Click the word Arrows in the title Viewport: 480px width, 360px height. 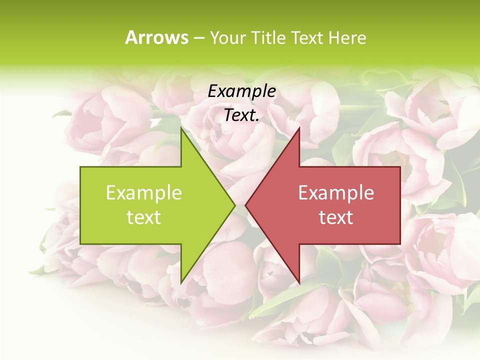tap(156, 37)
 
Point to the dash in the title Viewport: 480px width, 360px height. tap(199, 38)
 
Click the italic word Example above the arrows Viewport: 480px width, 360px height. tap(242, 91)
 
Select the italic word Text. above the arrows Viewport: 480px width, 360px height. tap(242, 115)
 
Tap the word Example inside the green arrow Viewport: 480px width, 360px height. tap(144, 192)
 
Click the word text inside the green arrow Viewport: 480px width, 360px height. tap(144, 217)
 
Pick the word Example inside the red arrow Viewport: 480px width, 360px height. tap(336, 192)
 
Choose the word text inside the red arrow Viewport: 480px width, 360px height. tap(336, 217)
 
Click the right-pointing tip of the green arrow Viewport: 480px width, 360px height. tap(235, 205)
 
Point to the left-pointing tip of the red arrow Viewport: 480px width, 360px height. tap(245, 205)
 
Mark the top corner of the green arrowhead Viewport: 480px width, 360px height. tap(181, 127)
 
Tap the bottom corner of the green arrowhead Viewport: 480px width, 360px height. tap(181, 283)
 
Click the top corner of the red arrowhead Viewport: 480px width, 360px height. tap(299, 127)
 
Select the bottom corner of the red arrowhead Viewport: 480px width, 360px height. tap(299, 283)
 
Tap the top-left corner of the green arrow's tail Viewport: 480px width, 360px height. tap(80, 167)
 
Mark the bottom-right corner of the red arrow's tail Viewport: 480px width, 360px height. tap(400, 244)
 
